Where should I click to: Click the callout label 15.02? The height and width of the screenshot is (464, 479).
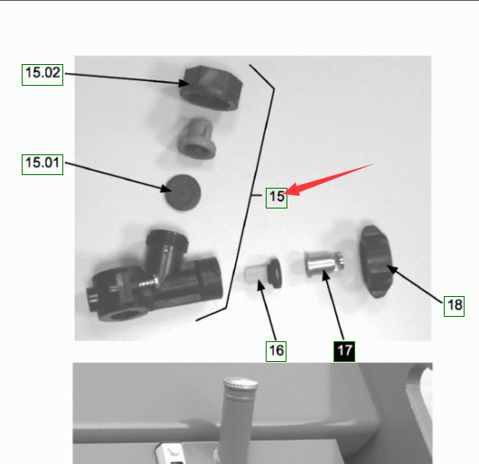point(42,75)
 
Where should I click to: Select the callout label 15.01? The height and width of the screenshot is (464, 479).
point(42,164)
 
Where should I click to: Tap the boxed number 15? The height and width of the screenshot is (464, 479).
point(277,198)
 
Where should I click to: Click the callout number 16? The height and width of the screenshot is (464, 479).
point(277,351)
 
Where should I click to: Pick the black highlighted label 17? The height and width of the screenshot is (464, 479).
point(344,351)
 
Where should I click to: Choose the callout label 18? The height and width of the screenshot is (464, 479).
point(455,306)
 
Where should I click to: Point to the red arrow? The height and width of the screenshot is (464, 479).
point(328,180)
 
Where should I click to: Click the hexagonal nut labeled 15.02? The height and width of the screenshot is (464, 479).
point(211,88)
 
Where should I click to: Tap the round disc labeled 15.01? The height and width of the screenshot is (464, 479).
point(183,192)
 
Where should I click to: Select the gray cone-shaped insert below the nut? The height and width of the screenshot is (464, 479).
point(196,138)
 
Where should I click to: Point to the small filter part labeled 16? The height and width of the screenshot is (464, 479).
point(264,273)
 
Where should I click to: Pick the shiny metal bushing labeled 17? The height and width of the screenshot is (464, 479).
point(324,263)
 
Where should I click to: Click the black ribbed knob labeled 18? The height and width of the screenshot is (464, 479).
point(376,262)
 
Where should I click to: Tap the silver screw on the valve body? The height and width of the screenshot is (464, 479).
point(150,283)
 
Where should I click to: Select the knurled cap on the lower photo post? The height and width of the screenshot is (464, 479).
point(240,384)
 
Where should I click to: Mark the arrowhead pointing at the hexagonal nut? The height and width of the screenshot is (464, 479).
point(183,83)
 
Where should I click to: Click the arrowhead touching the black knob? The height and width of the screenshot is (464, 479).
point(392,270)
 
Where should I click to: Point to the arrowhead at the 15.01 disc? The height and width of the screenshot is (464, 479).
point(166,190)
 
